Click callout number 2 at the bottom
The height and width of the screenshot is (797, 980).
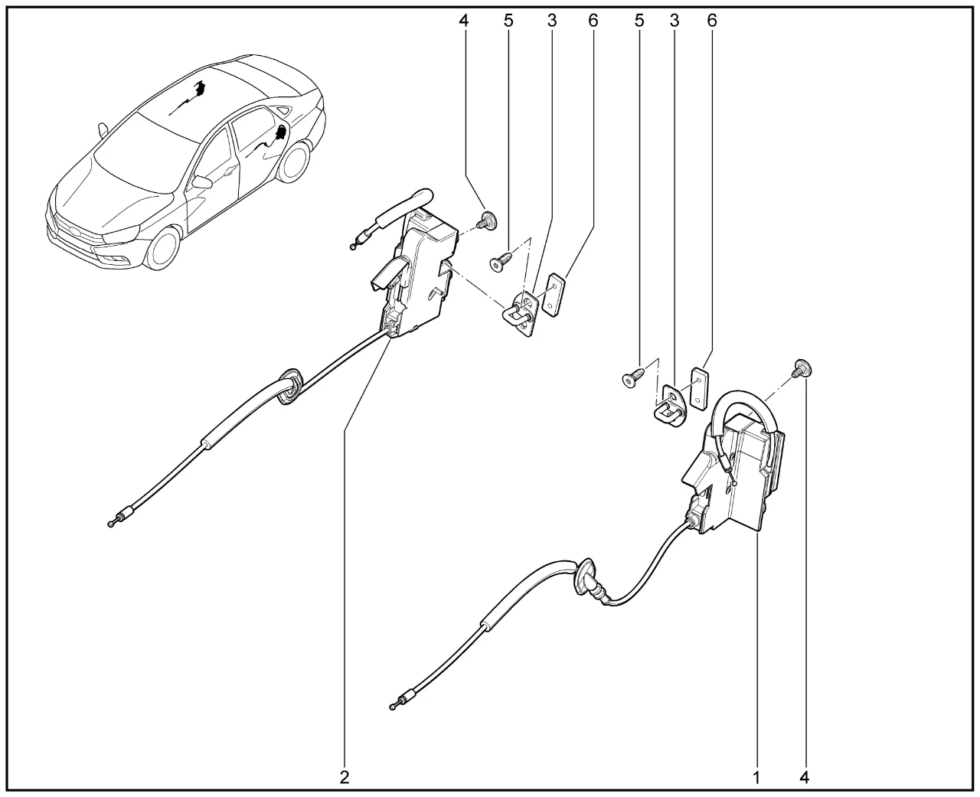[x=345, y=777]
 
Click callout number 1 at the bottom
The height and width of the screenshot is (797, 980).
[x=756, y=777]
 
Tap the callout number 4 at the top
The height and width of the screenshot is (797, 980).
[x=464, y=20]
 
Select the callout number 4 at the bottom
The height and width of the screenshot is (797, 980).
[x=804, y=777]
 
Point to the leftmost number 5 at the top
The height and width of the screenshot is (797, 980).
[x=508, y=20]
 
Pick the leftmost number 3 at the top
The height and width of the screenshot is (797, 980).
[x=552, y=20]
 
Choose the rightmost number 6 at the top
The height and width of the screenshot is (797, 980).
[x=711, y=20]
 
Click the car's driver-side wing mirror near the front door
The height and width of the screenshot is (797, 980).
[x=202, y=181]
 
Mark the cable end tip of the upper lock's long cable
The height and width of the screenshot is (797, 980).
[x=110, y=524]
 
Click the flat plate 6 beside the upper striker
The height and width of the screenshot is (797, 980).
[x=554, y=295]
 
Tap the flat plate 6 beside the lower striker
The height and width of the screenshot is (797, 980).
[x=700, y=388]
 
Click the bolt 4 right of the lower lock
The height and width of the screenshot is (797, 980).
[x=802, y=367]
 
